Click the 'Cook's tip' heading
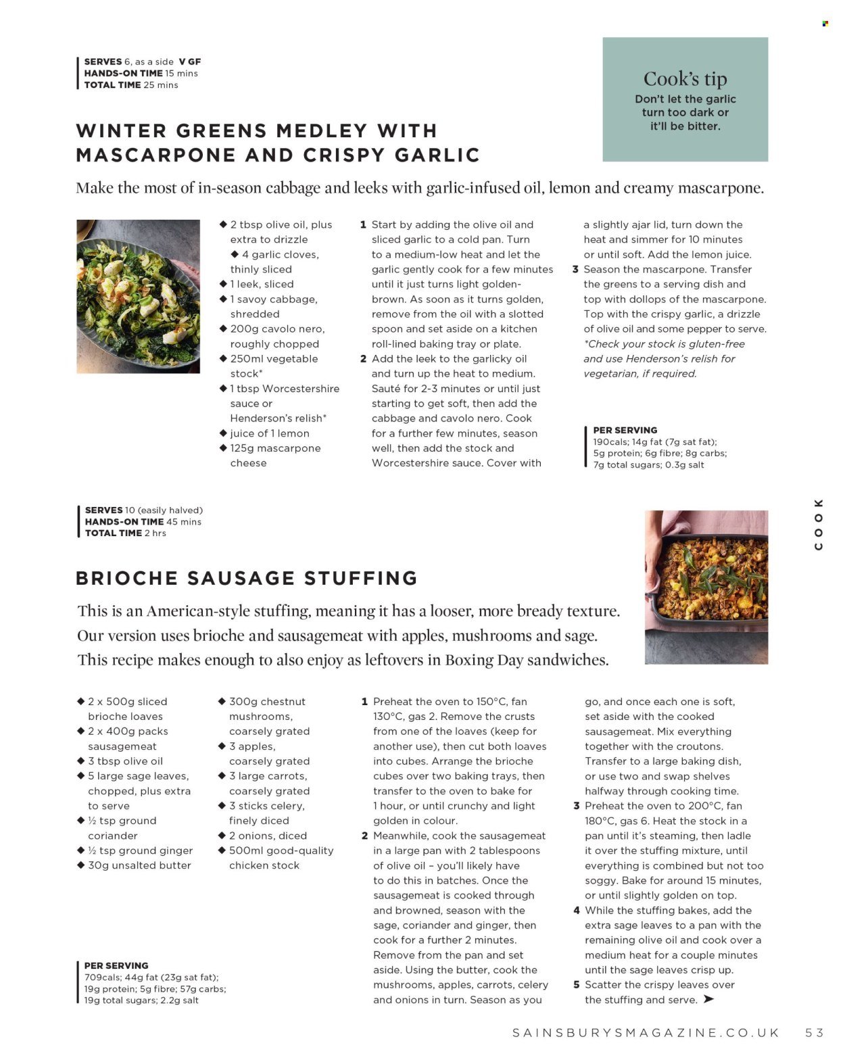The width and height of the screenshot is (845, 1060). [685, 79]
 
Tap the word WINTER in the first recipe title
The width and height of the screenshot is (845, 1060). [120, 130]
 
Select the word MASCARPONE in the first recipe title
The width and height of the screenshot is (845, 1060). [156, 155]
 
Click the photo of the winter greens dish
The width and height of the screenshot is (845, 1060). [138, 296]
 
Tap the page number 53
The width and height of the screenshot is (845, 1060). [814, 1032]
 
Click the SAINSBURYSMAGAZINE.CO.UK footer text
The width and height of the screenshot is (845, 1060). [646, 1032]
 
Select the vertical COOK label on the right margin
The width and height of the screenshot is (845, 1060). [819, 525]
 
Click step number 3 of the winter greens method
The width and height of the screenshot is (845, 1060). [575, 269]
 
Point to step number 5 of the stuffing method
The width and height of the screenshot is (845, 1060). [577, 985]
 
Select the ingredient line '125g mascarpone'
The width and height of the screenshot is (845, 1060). [275, 448]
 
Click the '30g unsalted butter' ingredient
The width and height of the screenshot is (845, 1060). [139, 865]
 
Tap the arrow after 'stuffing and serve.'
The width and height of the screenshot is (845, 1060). [708, 999]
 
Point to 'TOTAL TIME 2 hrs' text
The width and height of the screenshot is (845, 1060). [126, 533]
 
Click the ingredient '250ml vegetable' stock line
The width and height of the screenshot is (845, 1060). [274, 359]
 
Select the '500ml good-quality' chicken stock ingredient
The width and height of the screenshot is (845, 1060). [281, 850]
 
